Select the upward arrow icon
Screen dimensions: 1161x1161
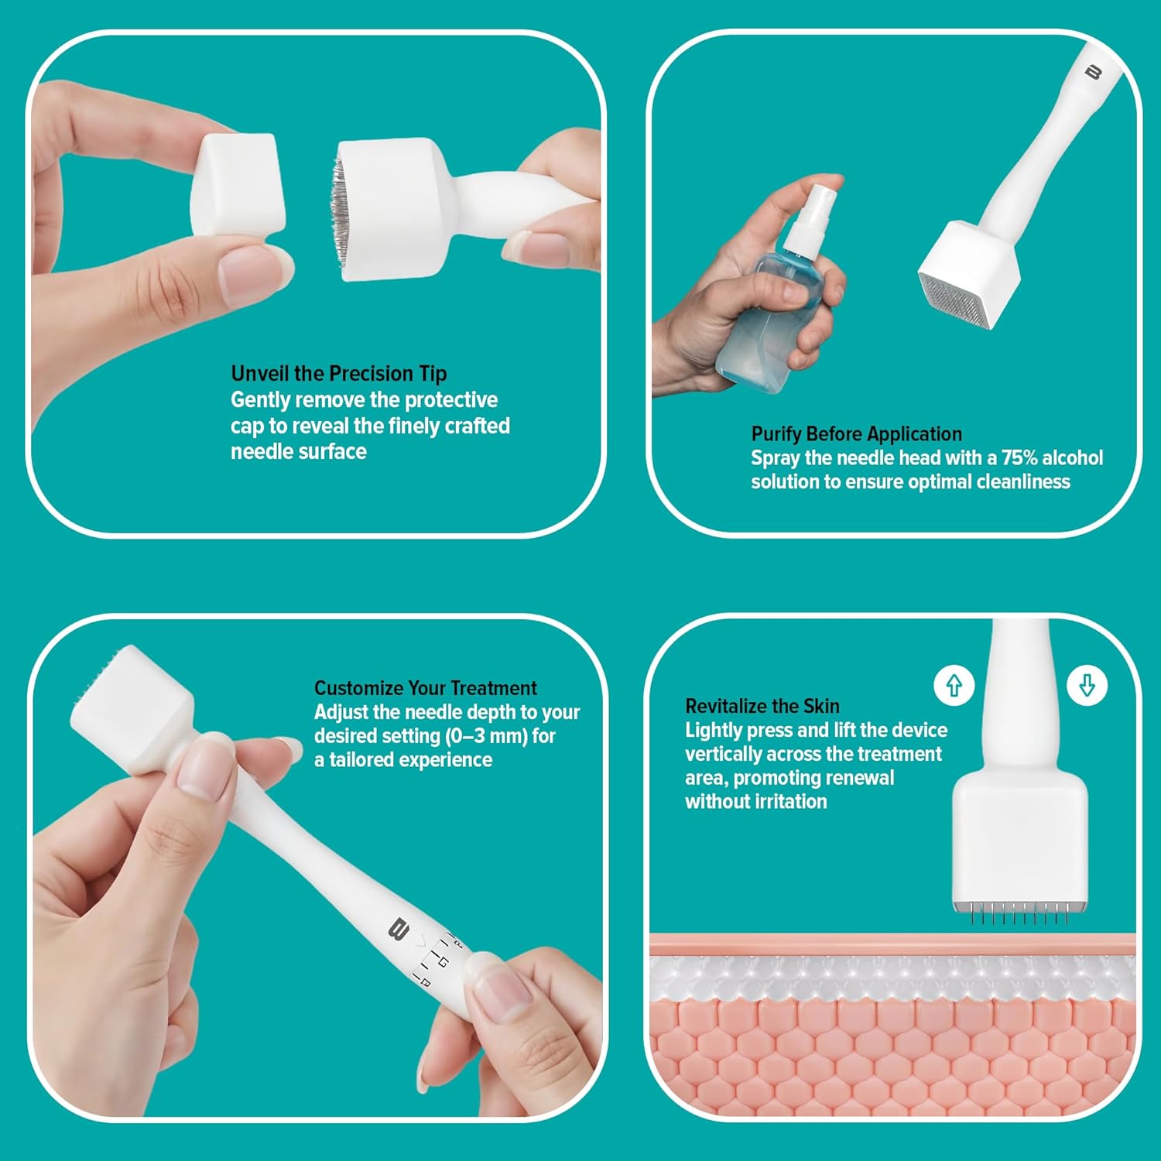[954, 685]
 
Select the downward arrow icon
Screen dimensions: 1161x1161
[1087, 685]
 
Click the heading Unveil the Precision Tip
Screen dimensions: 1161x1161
[339, 374]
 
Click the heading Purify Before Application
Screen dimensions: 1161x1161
[857, 433]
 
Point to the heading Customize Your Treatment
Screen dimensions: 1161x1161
[425, 688]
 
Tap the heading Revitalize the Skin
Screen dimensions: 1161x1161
[762, 706]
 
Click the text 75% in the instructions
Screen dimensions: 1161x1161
[1019, 457]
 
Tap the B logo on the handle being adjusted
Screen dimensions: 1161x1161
[398, 928]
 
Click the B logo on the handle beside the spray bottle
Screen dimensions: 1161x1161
[1093, 72]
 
